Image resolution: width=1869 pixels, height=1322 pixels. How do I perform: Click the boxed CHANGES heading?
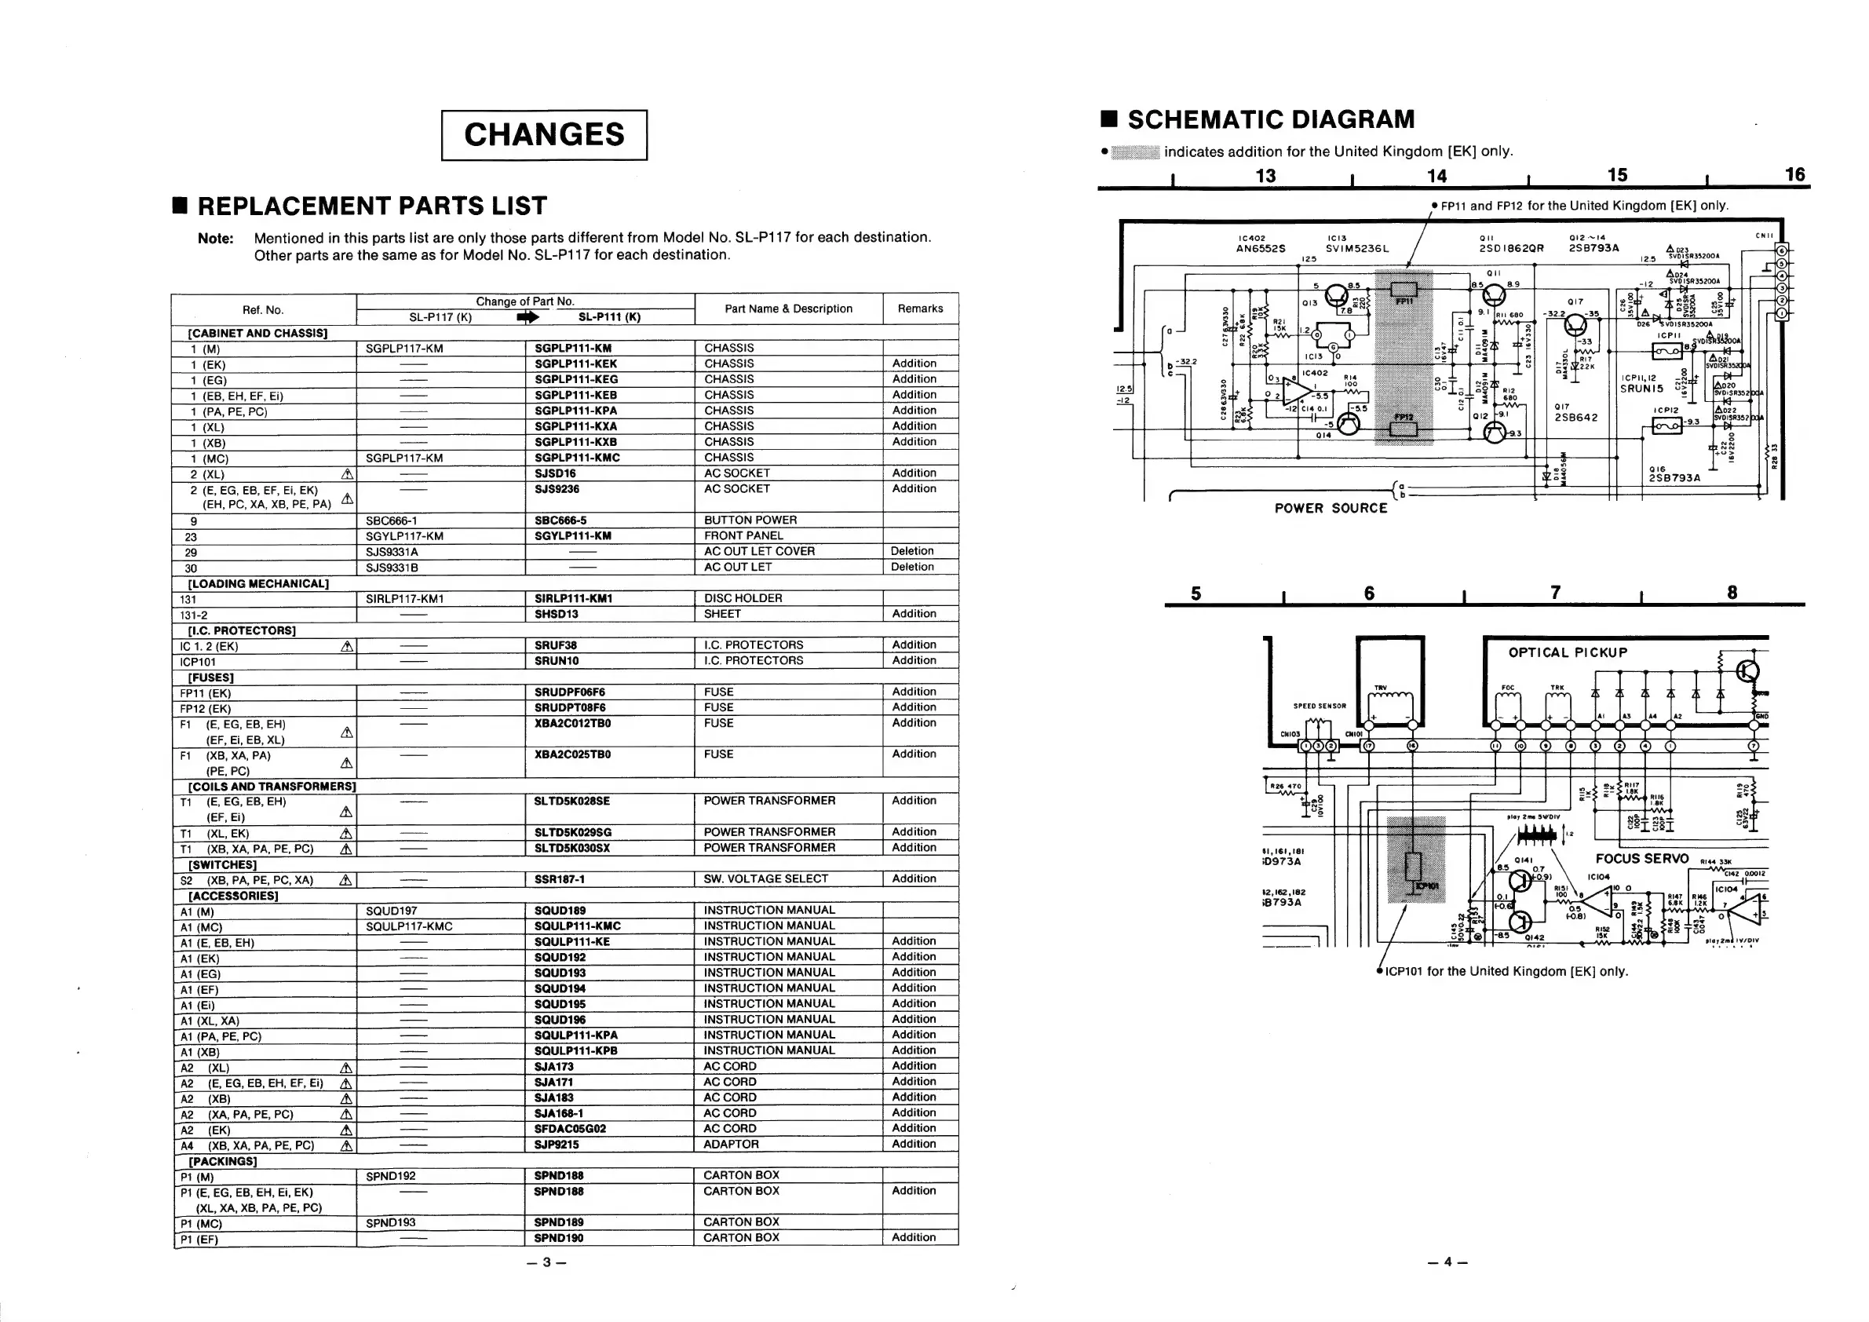(x=544, y=135)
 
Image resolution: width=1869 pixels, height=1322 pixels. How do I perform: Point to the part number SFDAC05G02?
(x=570, y=1129)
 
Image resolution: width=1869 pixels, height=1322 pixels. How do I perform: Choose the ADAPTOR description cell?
(x=731, y=1145)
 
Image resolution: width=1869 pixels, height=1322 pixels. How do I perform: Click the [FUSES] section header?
(x=211, y=677)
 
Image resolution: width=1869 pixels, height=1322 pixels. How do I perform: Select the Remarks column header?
(x=920, y=309)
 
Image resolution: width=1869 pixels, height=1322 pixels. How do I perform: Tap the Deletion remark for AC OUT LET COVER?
(x=911, y=551)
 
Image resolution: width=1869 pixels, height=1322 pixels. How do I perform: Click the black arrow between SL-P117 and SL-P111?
(x=527, y=317)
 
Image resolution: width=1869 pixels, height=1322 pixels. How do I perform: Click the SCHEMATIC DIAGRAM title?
(x=1270, y=119)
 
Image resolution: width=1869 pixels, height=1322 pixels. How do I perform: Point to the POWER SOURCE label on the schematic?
(x=1330, y=508)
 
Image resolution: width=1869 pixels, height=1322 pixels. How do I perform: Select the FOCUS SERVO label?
(x=1642, y=859)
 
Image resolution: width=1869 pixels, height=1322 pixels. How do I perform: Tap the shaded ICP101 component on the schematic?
(x=1413, y=867)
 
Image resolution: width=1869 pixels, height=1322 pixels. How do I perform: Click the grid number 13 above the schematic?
(x=1265, y=176)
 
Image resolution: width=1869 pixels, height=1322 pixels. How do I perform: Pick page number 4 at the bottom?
(x=1448, y=1262)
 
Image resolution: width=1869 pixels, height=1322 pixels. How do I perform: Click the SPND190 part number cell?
(x=558, y=1238)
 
